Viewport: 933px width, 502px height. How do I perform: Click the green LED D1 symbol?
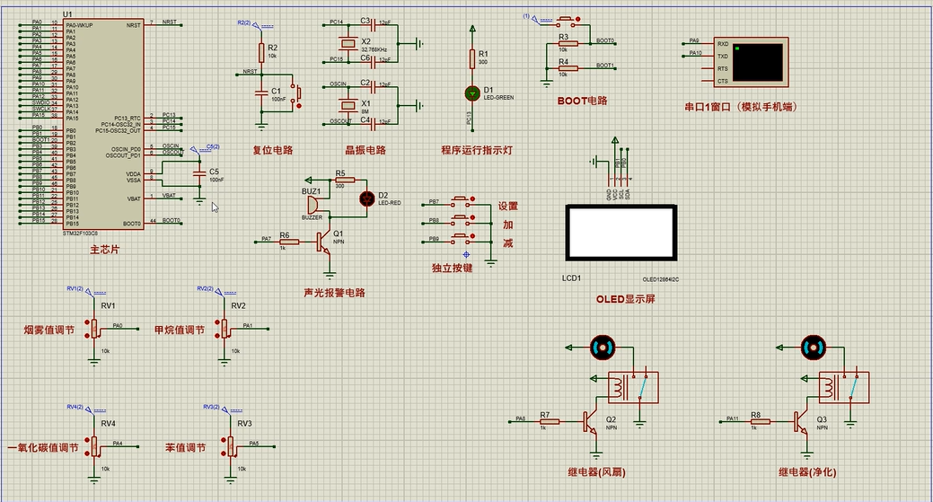click(x=472, y=92)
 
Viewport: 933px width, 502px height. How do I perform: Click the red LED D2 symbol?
click(x=366, y=198)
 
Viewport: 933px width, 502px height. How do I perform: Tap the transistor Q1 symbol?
click(x=323, y=242)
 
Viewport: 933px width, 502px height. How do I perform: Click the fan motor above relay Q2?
click(x=601, y=347)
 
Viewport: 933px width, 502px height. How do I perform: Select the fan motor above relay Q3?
click(x=813, y=347)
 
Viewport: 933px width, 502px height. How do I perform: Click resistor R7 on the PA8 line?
click(x=544, y=420)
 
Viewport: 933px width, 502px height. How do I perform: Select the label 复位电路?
click(x=273, y=150)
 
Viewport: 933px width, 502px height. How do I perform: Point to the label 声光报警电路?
click(x=335, y=293)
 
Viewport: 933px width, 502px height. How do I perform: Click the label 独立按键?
click(x=452, y=268)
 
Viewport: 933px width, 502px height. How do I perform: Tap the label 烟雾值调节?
click(x=49, y=330)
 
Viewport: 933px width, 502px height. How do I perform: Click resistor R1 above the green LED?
click(x=472, y=58)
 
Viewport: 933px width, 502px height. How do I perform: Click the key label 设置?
click(x=508, y=206)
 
